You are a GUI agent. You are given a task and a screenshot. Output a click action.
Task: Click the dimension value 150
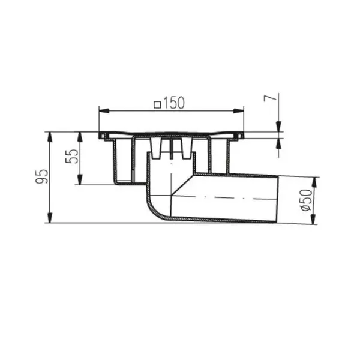(x=174, y=103)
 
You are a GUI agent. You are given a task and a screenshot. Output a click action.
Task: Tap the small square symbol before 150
(x=157, y=105)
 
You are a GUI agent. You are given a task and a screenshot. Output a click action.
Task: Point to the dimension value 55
(x=72, y=156)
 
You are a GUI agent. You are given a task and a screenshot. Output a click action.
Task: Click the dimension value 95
(x=41, y=176)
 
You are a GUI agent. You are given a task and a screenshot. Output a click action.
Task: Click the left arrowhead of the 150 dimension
(x=104, y=111)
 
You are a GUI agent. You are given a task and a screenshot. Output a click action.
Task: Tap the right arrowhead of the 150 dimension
(x=239, y=111)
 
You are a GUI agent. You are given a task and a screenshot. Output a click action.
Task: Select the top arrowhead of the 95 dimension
(x=50, y=137)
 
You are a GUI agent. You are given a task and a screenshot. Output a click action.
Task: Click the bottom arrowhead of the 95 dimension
(x=50, y=218)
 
